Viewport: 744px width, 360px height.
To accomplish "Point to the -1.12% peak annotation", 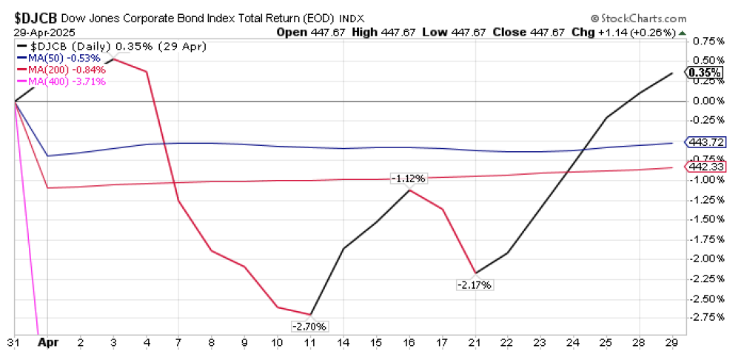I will pos(409,178).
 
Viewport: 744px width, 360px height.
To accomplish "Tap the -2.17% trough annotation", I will pos(475,284).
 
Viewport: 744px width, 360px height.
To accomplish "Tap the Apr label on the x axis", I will pos(47,344).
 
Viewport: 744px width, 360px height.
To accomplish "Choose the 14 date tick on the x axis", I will pos(343,344).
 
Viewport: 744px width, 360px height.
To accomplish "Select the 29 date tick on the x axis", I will pos(671,344).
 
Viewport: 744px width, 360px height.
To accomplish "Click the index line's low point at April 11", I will pos(310,314).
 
